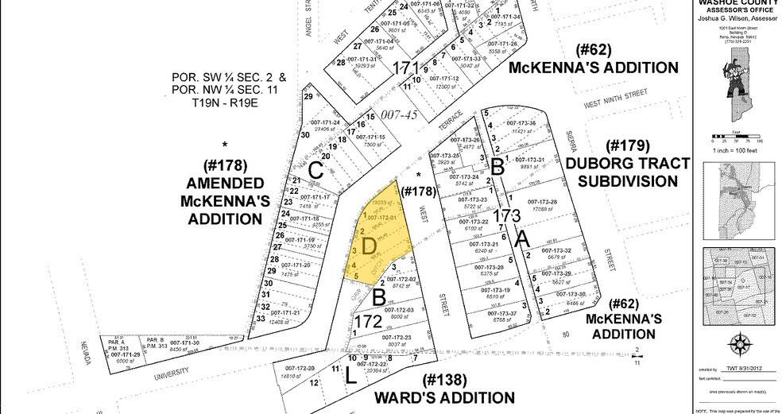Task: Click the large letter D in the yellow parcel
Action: (x=369, y=247)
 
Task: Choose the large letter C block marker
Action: (x=316, y=169)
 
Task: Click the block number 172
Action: (x=368, y=323)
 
